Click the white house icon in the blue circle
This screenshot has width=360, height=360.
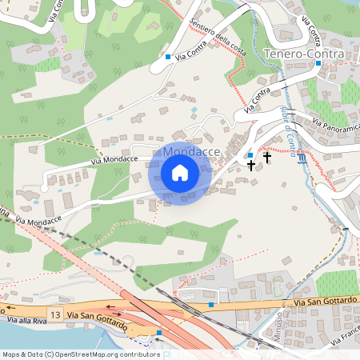tap(180, 173)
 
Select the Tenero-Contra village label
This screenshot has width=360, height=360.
tap(303, 54)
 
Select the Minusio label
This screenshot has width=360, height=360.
tap(278, 329)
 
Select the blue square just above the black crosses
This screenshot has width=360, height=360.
tap(250, 154)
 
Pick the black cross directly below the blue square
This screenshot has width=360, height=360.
tap(251, 166)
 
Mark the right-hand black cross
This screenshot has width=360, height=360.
tap(266, 158)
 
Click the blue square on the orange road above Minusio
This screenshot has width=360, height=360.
tap(211, 304)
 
